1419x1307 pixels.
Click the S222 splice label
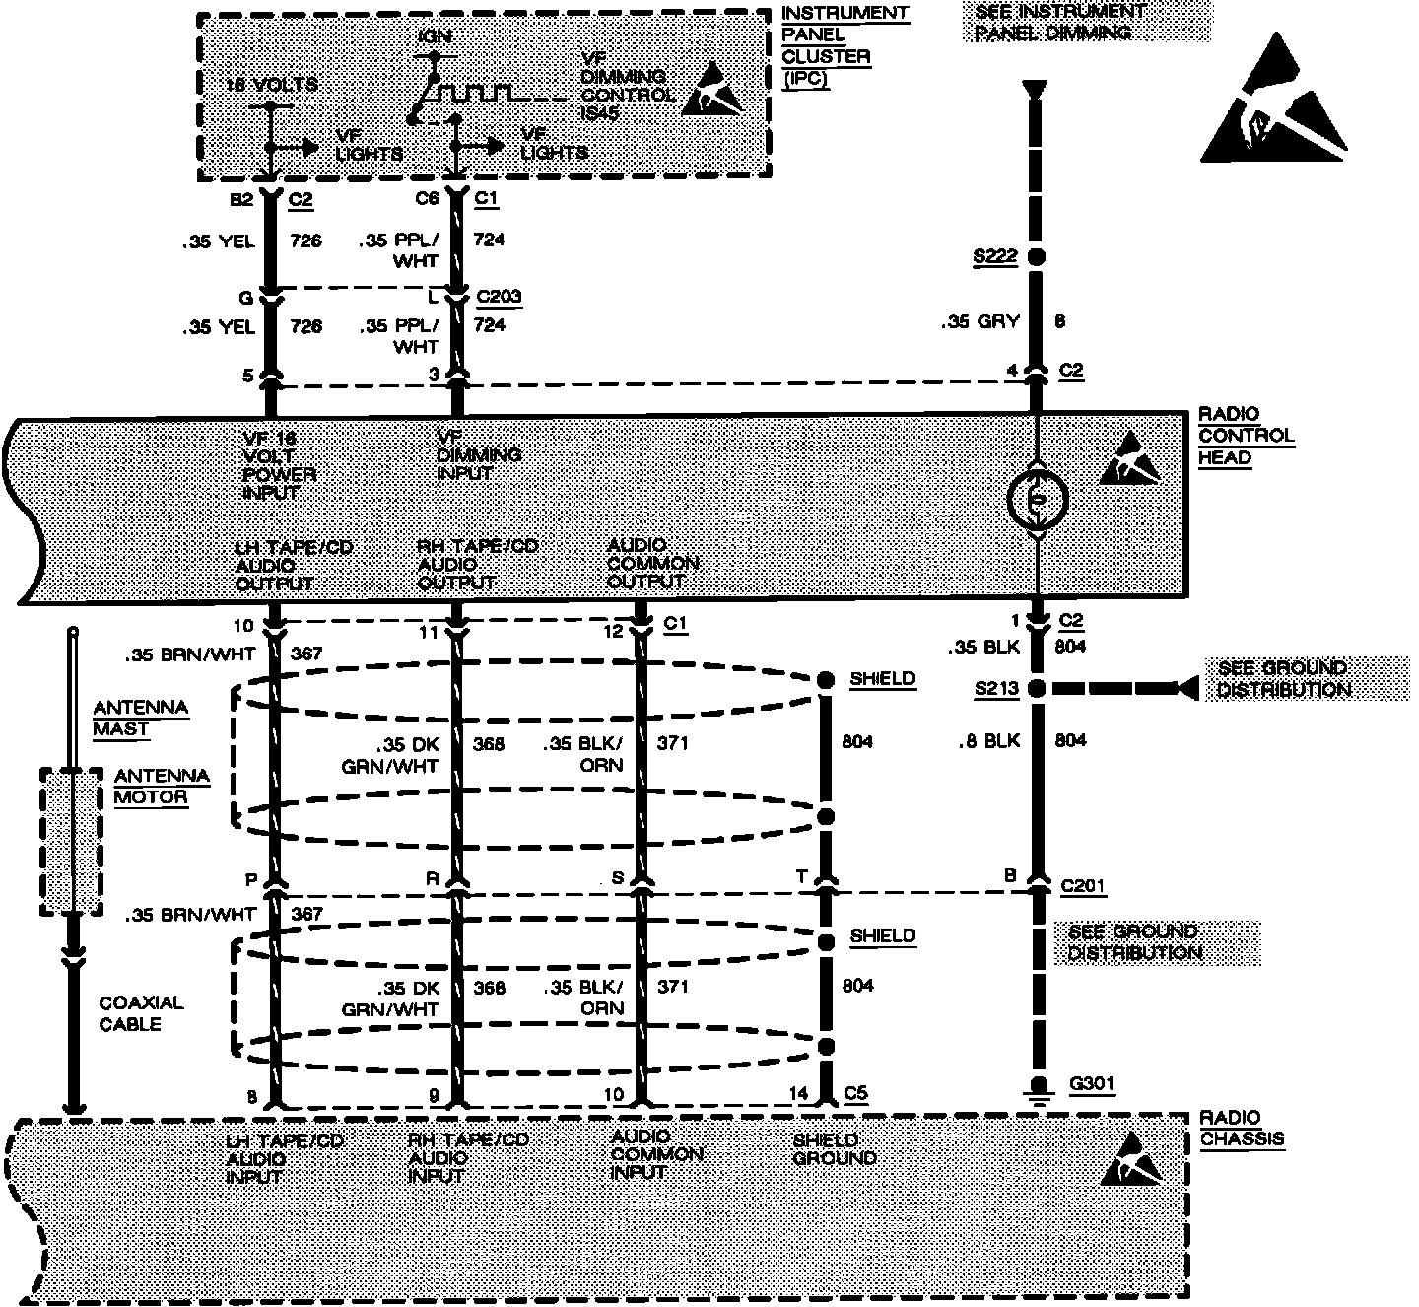[993, 258]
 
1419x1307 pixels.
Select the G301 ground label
[1092, 1084]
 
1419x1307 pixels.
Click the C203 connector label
[499, 297]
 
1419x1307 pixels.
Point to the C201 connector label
[1083, 886]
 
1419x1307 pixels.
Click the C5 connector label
[857, 1093]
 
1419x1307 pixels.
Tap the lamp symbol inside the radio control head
[1036, 500]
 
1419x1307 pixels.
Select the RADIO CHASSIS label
[1242, 1128]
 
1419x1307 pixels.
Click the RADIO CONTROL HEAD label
[1246, 436]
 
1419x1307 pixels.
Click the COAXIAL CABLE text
[141, 1013]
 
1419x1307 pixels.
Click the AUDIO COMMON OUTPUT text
[652, 564]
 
